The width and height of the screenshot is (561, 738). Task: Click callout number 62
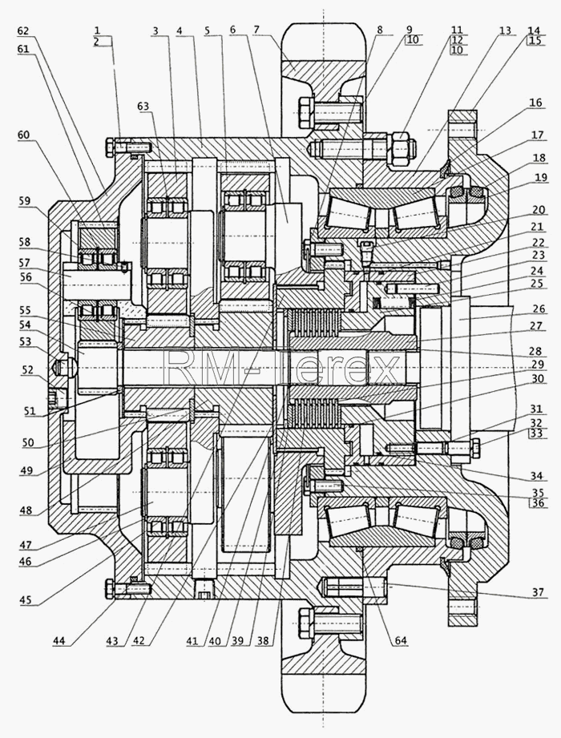coord(23,31)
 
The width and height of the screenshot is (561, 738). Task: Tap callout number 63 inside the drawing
coord(143,107)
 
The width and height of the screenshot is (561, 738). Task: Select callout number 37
coord(539,591)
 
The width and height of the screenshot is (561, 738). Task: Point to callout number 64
coord(401,641)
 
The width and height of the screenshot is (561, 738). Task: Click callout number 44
coord(59,641)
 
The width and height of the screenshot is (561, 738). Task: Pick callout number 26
coord(539,309)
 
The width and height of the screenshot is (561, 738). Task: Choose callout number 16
coord(535,102)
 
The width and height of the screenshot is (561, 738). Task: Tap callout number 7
coord(256,30)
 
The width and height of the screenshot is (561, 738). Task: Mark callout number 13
coord(505,30)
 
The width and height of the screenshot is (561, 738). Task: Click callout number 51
coord(29,411)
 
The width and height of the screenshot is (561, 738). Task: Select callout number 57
coord(25,262)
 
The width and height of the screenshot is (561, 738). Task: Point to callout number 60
coord(23,135)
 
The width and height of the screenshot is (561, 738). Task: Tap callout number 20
coord(539,210)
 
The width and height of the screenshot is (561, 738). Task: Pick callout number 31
coord(535,409)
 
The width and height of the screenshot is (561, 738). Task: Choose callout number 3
coord(155,30)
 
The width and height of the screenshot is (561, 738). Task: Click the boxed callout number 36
coord(537,503)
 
